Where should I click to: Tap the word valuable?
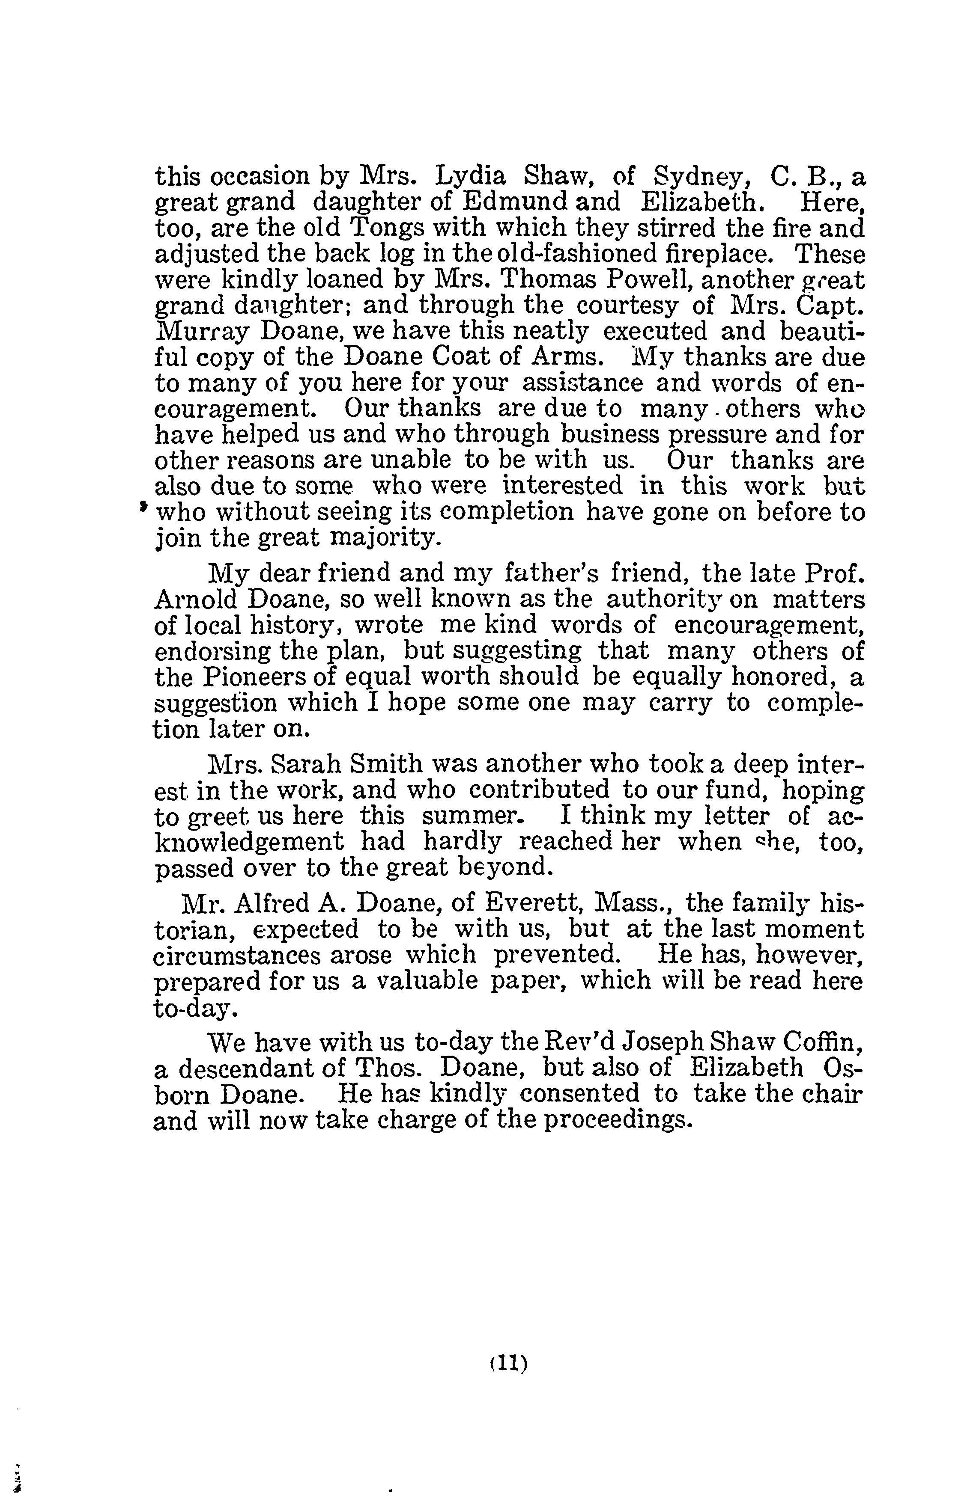point(422,981)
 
